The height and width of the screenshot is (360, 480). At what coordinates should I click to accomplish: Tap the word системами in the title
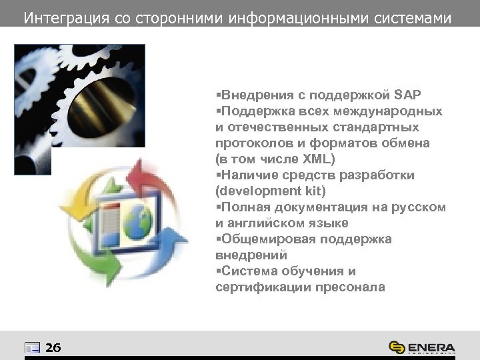pos(413,17)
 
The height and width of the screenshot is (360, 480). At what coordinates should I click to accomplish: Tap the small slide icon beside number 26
pos(32,347)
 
